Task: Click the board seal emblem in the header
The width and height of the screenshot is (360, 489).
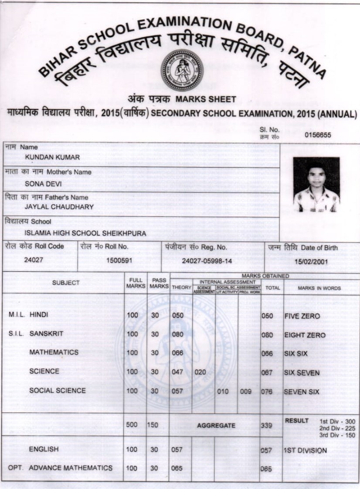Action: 181,70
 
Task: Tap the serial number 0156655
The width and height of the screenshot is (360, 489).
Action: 319,135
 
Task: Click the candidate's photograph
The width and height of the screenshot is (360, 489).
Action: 316,185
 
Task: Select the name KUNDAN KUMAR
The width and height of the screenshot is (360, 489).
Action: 52,157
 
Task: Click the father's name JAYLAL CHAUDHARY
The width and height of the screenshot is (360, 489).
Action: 59,207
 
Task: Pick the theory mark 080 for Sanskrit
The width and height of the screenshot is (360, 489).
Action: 177,334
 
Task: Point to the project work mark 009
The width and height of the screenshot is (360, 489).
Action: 246,391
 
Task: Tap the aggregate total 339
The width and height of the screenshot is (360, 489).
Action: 266,425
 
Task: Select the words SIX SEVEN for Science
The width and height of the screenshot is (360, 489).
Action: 302,373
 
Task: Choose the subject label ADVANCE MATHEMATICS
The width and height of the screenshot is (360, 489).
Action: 71,468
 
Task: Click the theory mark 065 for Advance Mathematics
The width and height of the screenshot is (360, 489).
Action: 177,469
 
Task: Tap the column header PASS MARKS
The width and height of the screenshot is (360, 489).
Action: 159,283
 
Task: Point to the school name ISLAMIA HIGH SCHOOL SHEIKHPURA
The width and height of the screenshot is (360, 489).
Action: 85,233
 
